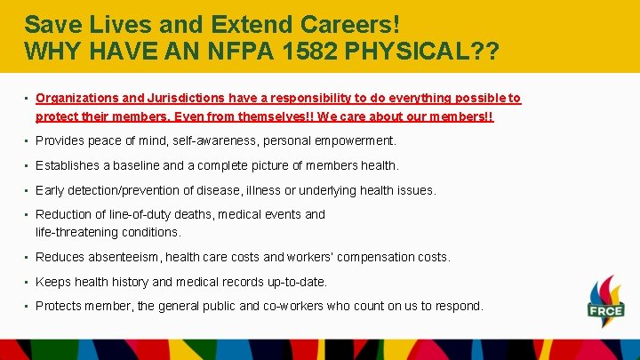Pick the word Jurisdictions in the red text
(175, 99)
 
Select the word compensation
(376, 257)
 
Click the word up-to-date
(294, 282)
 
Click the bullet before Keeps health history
(28, 282)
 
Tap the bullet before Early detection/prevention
(28, 190)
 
